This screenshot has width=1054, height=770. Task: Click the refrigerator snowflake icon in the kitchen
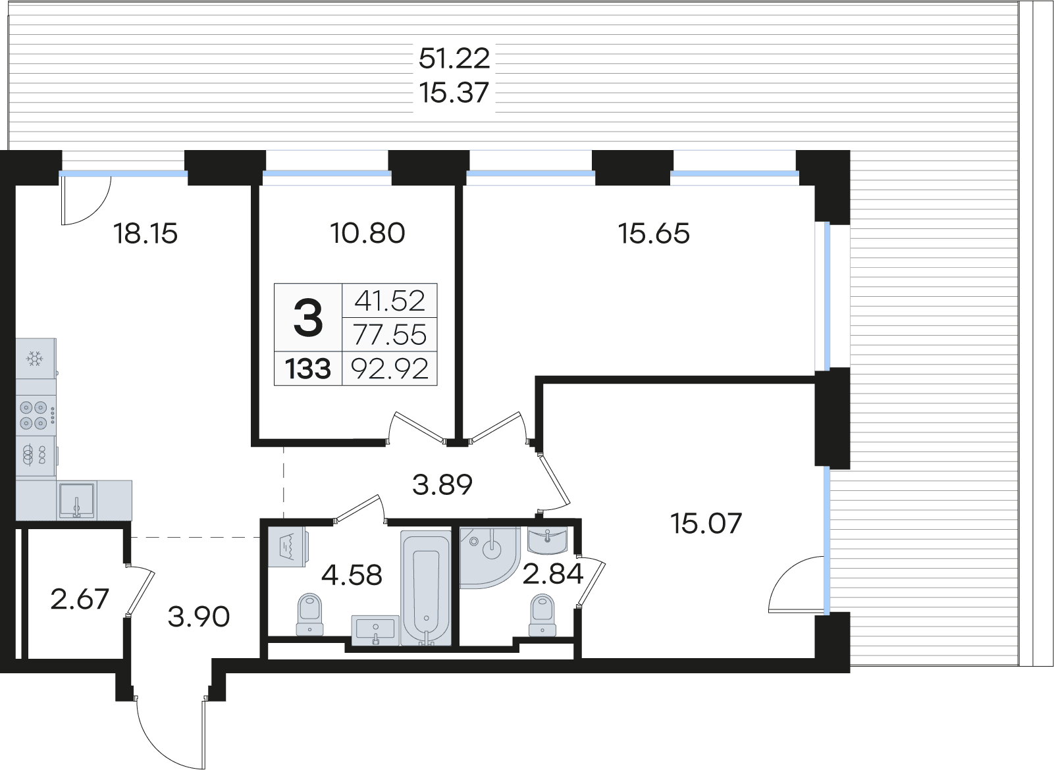tap(34, 359)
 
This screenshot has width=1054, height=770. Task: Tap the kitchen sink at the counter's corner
tap(76, 500)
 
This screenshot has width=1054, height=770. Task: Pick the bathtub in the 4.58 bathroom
tap(426, 588)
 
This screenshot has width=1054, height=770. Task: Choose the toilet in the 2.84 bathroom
tap(542, 615)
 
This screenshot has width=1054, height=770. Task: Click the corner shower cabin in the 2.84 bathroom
tap(490, 557)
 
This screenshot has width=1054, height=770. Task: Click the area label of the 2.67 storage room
tap(80, 600)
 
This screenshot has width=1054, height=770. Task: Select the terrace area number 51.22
tap(454, 59)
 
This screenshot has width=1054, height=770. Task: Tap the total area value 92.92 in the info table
tap(390, 369)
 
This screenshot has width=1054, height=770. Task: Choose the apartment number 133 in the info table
tap(308, 369)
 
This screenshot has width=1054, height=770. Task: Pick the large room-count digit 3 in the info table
tap(308, 318)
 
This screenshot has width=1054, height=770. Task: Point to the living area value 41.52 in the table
tap(390, 301)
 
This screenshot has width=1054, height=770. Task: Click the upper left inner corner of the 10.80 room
tap(259, 186)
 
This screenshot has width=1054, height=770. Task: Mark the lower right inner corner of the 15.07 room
tap(815, 657)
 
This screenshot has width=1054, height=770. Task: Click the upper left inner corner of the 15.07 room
tap(544, 384)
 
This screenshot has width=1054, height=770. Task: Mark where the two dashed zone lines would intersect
tap(283, 537)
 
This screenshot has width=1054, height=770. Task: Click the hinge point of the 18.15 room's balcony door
tap(63, 177)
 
